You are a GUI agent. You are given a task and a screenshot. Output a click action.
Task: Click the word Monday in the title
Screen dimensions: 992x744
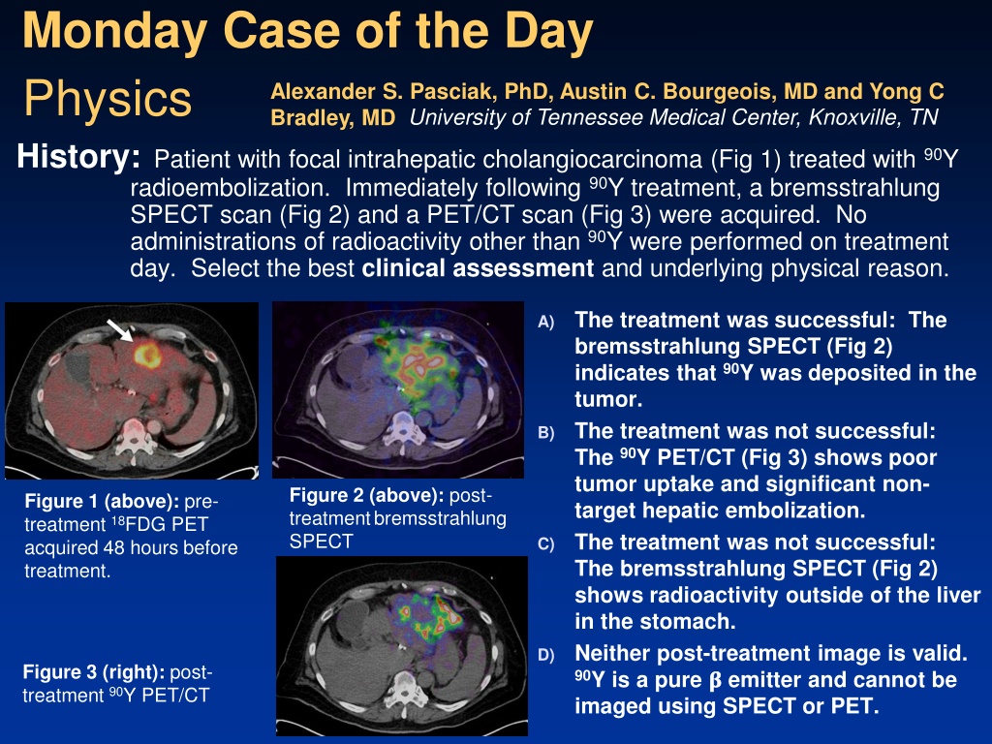tap(115, 32)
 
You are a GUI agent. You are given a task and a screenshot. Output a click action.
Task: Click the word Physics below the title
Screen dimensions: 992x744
tap(108, 99)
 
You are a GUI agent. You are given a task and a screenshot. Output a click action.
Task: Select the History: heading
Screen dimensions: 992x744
tap(78, 156)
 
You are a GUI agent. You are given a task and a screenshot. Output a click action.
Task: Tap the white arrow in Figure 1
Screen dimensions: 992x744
tap(119, 330)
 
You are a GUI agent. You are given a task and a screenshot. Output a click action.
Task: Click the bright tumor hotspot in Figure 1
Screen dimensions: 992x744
tap(147, 353)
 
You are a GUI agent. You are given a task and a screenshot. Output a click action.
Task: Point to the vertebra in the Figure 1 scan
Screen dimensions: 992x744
tap(136, 434)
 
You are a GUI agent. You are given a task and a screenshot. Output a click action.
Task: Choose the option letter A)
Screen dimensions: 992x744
tap(546, 322)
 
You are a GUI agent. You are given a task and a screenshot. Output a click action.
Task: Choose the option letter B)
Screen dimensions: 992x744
tap(546, 433)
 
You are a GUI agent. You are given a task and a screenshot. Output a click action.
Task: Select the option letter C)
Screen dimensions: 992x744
tap(546, 544)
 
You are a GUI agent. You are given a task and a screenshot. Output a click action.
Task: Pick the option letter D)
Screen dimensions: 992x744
tap(546, 656)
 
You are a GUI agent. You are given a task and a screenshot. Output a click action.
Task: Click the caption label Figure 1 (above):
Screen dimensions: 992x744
tap(102, 502)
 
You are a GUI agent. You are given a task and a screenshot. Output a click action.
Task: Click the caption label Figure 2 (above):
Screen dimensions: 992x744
tap(367, 495)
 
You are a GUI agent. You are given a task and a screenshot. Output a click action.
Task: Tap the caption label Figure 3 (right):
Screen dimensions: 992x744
tap(94, 672)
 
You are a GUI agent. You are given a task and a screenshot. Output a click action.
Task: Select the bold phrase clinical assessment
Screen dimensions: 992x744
tap(478, 268)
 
